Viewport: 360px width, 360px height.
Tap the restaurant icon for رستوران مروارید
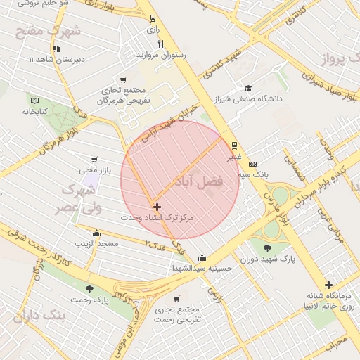coord(160,44)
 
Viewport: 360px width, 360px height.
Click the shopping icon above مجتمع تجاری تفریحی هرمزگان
coord(124,80)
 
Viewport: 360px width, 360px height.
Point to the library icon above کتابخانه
coord(33,100)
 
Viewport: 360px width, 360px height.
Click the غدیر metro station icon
coord(234,146)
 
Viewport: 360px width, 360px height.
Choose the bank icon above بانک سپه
coord(253,164)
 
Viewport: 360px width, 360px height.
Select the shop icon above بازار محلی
coord(96,160)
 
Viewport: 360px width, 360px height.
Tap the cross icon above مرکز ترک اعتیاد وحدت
coord(156,207)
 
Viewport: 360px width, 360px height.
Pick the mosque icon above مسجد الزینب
coord(96,233)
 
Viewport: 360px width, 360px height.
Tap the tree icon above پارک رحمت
coord(89,288)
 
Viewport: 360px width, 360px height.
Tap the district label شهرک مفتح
coord(53,31)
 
